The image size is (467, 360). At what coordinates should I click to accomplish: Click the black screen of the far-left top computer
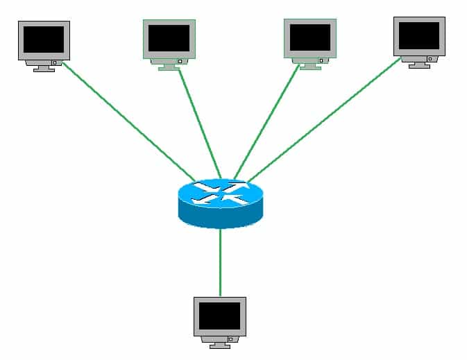[44, 40]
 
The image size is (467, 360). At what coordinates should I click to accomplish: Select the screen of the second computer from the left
[169, 38]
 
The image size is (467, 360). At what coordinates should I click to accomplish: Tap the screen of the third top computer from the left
[309, 37]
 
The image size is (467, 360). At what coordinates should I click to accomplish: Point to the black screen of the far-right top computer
[419, 35]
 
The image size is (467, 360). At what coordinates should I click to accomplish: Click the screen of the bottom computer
[219, 316]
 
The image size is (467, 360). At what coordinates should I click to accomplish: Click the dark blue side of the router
[221, 216]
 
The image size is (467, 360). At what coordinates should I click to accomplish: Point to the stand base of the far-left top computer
[44, 69]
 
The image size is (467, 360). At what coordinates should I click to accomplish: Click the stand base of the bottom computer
[219, 346]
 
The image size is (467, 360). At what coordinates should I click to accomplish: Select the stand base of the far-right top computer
[419, 66]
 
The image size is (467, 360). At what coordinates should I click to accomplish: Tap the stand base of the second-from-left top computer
[169, 68]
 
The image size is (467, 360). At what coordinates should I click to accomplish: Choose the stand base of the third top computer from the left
[309, 68]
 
